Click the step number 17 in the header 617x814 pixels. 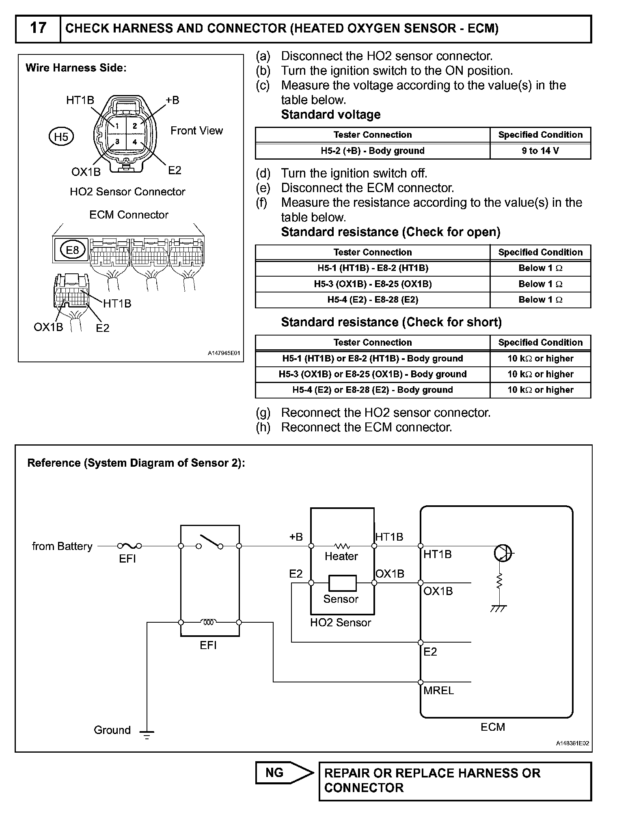[x=38, y=28]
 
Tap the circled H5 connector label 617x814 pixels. [x=61, y=137]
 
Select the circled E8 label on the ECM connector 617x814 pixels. [x=72, y=250]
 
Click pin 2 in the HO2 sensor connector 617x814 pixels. [x=135, y=126]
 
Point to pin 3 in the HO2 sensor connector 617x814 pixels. [x=117, y=142]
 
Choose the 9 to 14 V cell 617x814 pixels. [x=540, y=151]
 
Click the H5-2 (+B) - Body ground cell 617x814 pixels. [x=372, y=151]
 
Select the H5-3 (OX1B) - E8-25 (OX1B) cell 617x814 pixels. [x=372, y=284]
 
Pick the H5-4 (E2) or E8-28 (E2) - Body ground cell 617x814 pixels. [x=372, y=390]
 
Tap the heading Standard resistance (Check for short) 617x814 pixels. [x=391, y=322]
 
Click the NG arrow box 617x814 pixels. [x=284, y=773]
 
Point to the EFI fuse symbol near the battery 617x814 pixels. [x=129, y=546]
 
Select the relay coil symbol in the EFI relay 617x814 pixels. [x=209, y=622]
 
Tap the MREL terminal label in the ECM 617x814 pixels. [x=438, y=691]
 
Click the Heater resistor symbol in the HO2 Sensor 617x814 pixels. [x=342, y=546]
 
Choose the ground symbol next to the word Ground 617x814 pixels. [x=147, y=734]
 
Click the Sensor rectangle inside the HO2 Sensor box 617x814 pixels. [x=342, y=583]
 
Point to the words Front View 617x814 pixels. [x=196, y=131]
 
